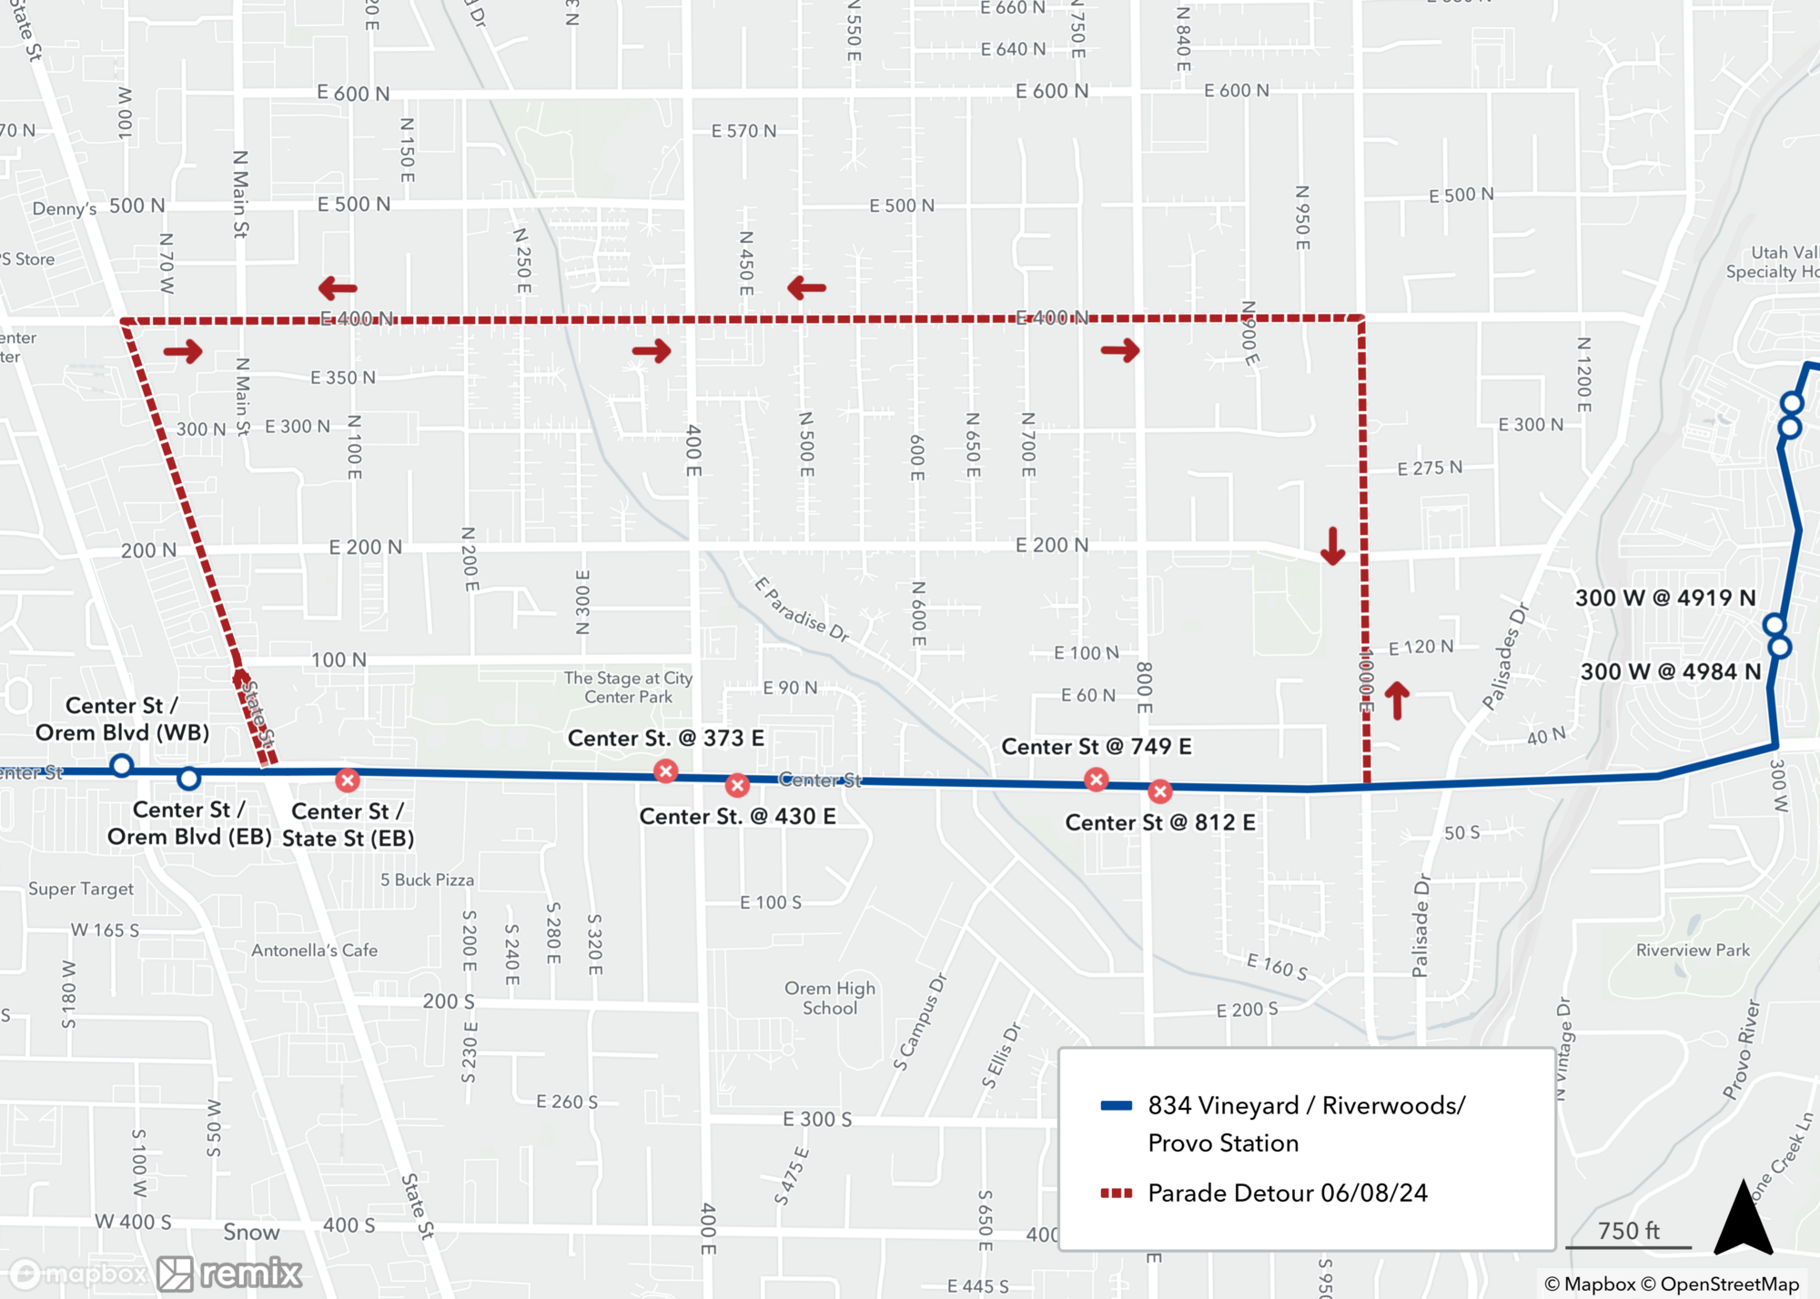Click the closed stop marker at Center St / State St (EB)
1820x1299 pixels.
(x=348, y=780)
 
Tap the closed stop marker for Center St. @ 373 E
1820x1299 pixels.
(x=666, y=771)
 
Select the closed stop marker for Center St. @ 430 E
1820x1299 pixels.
(x=737, y=785)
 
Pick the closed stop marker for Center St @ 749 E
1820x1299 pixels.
(x=1097, y=780)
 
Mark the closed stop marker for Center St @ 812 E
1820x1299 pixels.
(x=1159, y=791)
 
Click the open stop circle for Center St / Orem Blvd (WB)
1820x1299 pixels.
(x=122, y=766)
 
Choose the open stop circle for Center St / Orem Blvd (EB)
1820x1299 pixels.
(x=188, y=779)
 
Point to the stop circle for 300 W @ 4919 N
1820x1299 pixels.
(x=1774, y=625)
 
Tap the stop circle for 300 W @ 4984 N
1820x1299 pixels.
(x=1780, y=648)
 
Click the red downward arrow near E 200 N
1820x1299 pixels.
(x=1333, y=546)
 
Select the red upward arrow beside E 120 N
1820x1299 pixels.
(x=1397, y=701)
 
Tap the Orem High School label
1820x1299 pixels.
(x=829, y=998)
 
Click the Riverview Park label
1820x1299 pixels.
(x=1693, y=951)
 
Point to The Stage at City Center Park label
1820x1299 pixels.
(x=628, y=688)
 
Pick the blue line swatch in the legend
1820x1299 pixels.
(x=1117, y=1106)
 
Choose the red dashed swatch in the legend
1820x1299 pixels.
(x=1117, y=1193)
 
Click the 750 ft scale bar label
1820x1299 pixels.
(x=1629, y=1231)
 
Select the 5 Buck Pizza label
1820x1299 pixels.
(x=427, y=881)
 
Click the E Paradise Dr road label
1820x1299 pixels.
(x=802, y=610)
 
